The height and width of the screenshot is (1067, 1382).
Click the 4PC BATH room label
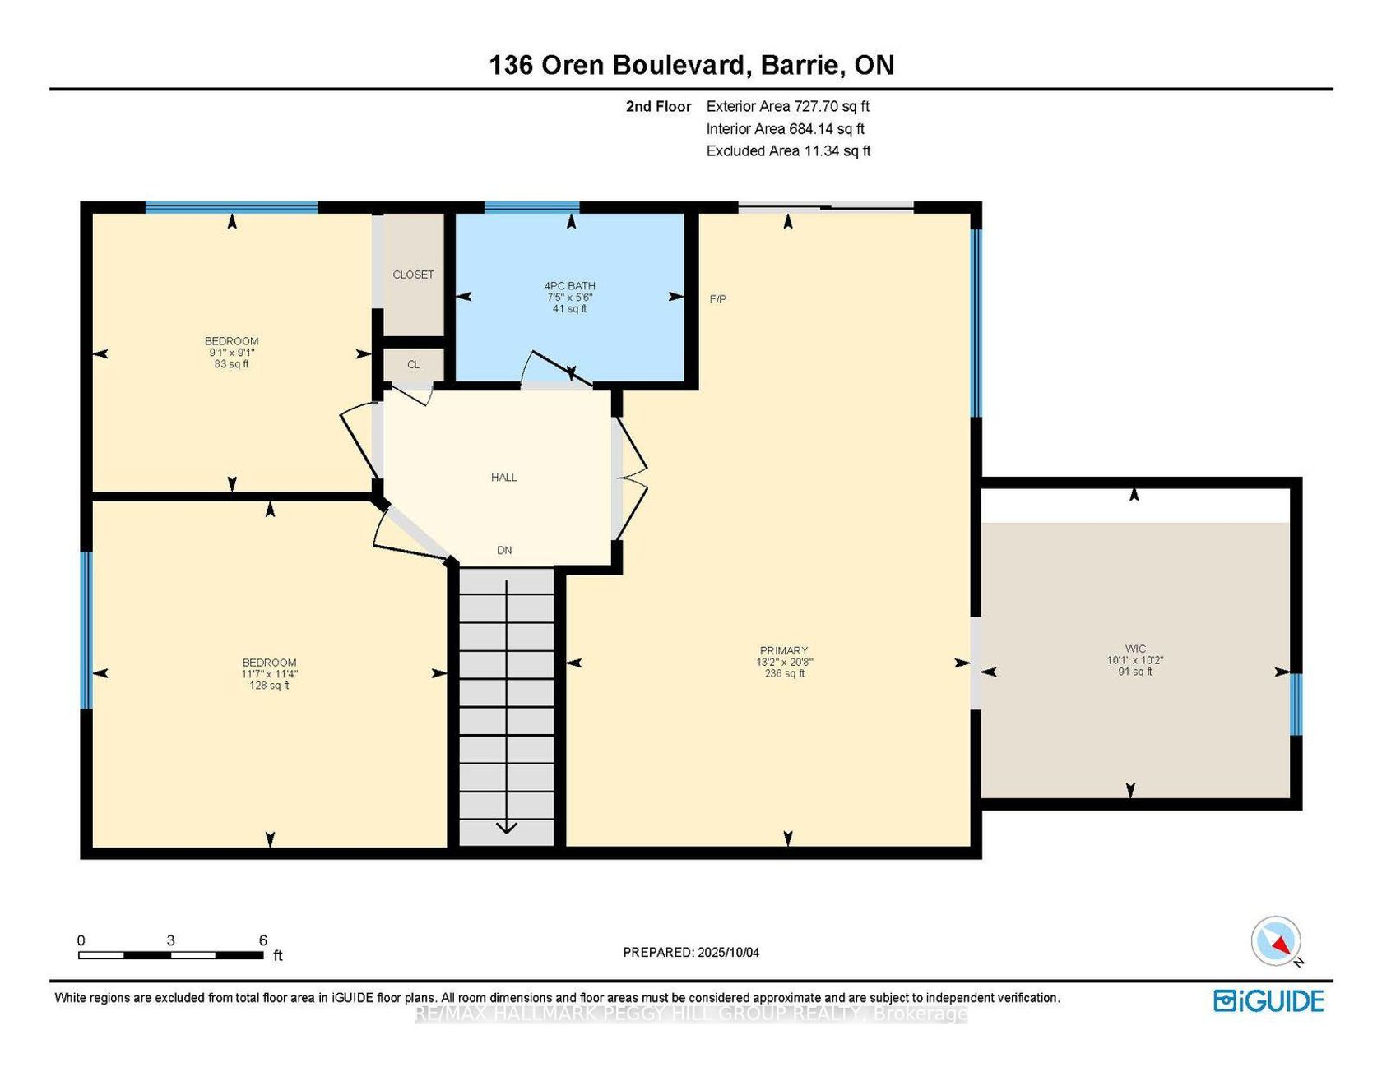coord(570,286)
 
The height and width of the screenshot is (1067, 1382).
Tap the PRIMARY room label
coord(784,650)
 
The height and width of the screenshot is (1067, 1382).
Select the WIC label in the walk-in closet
coord(1135,649)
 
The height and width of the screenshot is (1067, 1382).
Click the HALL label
coord(504,477)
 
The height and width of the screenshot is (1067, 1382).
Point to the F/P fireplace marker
coord(718,299)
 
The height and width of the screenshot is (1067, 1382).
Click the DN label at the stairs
coord(504,550)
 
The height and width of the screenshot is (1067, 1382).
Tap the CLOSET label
coord(413,275)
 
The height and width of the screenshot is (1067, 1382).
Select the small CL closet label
coord(413,364)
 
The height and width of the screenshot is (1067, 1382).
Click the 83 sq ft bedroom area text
coord(232,364)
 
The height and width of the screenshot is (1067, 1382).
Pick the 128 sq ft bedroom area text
coord(270,686)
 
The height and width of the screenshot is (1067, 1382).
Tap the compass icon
coord(1277,941)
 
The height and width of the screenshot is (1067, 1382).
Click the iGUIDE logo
coord(1269,1000)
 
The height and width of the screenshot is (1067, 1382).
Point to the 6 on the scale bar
coord(263,940)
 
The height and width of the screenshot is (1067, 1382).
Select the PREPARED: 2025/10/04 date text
coord(691,953)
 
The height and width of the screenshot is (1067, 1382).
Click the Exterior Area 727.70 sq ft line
coord(788,106)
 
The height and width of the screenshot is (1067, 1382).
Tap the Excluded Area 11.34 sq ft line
coord(788,150)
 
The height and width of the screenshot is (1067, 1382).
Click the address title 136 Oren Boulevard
coord(618,65)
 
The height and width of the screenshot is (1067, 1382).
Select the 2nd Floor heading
coord(658,106)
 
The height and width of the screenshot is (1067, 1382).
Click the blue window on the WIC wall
coord(1296,704)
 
